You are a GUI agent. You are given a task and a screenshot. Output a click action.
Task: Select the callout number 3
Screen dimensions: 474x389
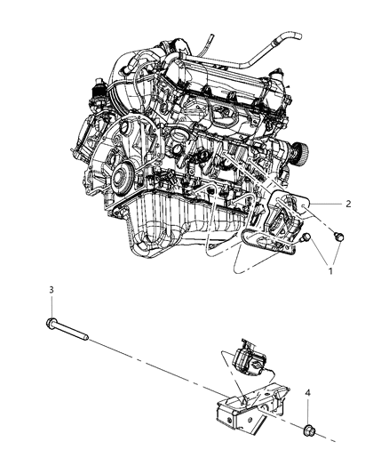coord(52,290)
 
